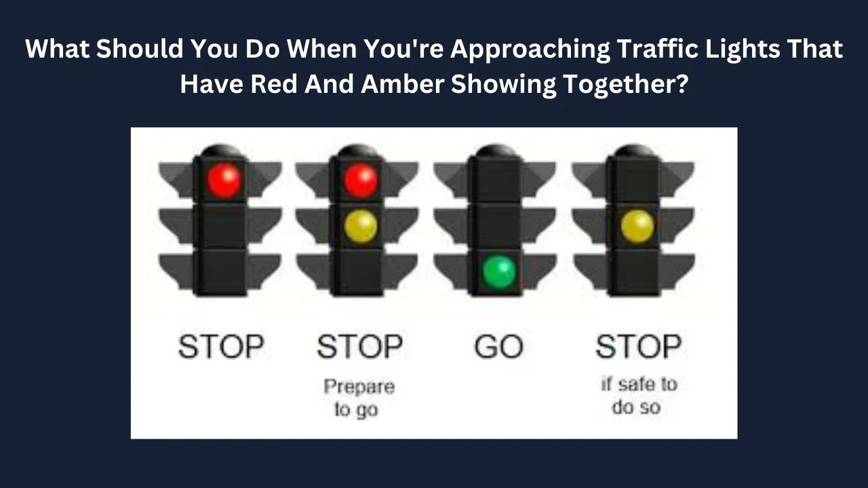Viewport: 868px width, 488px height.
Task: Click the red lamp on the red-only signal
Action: click(x=224, y=180)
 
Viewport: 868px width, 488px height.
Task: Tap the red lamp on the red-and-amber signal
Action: click(x=361, y=180)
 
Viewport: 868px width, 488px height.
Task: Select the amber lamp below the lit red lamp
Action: click(x=361, y=226)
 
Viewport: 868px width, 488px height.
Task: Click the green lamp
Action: click(x=500, y=271)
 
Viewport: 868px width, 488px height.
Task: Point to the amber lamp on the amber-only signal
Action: click(x=637, y=226)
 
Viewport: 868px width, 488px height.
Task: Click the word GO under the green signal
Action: click(x=499, y=346)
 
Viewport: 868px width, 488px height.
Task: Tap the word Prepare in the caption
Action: click(x=359, y=387)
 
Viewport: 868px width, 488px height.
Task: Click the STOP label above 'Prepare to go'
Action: click(x=360, y=346)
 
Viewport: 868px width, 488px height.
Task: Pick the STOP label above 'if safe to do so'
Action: click(x=638, y=346)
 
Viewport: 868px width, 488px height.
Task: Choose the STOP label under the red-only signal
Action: click(x=221, y=346)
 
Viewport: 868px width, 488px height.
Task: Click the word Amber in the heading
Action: click(x=402, y=83)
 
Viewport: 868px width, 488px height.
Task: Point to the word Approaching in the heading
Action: click(x=530, y=50)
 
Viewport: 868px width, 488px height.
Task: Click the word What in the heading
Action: click(x=58, y=49)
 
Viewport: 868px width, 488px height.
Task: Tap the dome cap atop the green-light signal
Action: click(x=496, y=150)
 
